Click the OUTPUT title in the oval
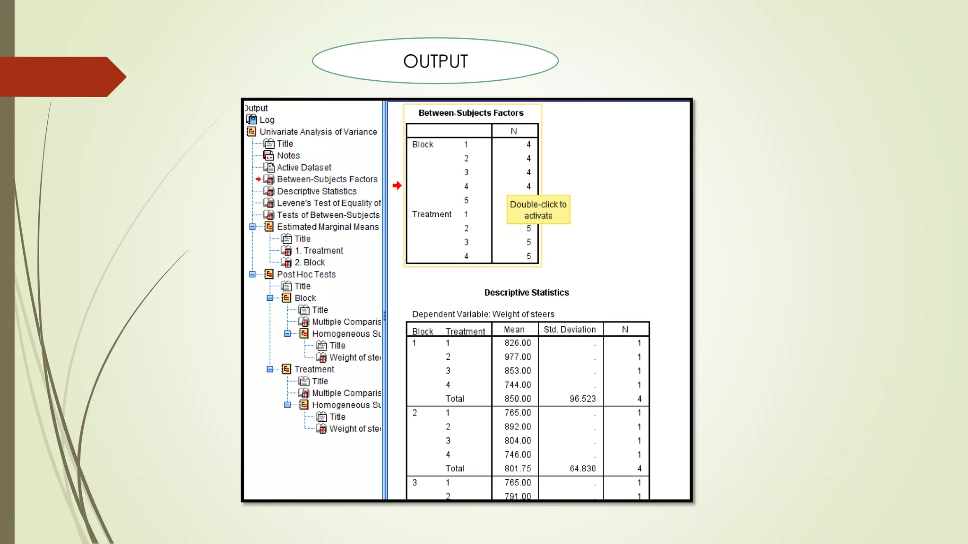[435, 61]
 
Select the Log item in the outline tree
[267, 120]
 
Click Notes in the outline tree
[288, 155]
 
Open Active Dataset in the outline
[303, 167]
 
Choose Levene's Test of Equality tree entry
[328, 203]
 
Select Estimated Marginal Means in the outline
[328, 227]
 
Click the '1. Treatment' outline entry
[319, 251]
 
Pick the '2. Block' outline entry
[310, 263]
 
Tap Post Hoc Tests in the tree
[306, 274]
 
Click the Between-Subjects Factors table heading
[471, 113]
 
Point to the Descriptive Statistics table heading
[527, 293]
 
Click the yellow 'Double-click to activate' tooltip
[538, 210]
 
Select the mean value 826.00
[518, 343]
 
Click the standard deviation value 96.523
[582, 399]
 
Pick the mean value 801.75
[518, 469]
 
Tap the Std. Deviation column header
[570, 330]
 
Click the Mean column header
[514, 330]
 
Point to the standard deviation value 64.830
[582, 469]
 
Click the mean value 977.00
[518, 357]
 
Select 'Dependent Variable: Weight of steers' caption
[483, 314]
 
